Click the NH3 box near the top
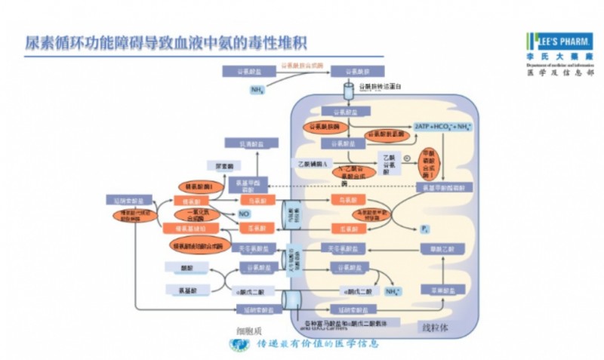coord(257,89)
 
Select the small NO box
coord(244,214)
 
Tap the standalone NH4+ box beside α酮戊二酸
coord(393,289)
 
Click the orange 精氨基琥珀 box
coord(189,227)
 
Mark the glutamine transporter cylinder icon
coord(349,91)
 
